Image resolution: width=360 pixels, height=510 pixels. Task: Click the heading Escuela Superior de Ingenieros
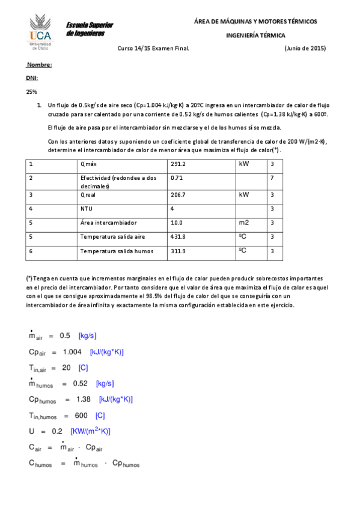click(90, 29)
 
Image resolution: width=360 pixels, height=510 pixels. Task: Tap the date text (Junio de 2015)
click(305, 49)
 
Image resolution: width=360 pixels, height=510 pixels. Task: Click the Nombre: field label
click(40, 64)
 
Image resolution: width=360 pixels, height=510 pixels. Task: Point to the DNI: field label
click(32, 78)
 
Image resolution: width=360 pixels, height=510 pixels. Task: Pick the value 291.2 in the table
click(178, 164)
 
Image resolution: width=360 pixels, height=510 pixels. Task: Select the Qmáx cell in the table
click(88, 164)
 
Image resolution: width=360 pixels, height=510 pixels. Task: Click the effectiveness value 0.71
click(176, 178)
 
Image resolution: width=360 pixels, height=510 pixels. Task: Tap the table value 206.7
click(178, 195)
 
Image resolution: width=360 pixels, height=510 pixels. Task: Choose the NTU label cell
click(87, 209)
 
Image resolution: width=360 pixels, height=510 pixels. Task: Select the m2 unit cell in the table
click(244, 223)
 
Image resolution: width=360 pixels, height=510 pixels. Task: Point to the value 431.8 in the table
click(178, 237)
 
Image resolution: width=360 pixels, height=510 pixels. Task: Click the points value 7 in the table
click(272, 178)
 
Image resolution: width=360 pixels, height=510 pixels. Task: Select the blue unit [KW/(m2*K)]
click(90, 431)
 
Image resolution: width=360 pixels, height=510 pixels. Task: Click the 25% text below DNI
click(31, 92)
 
